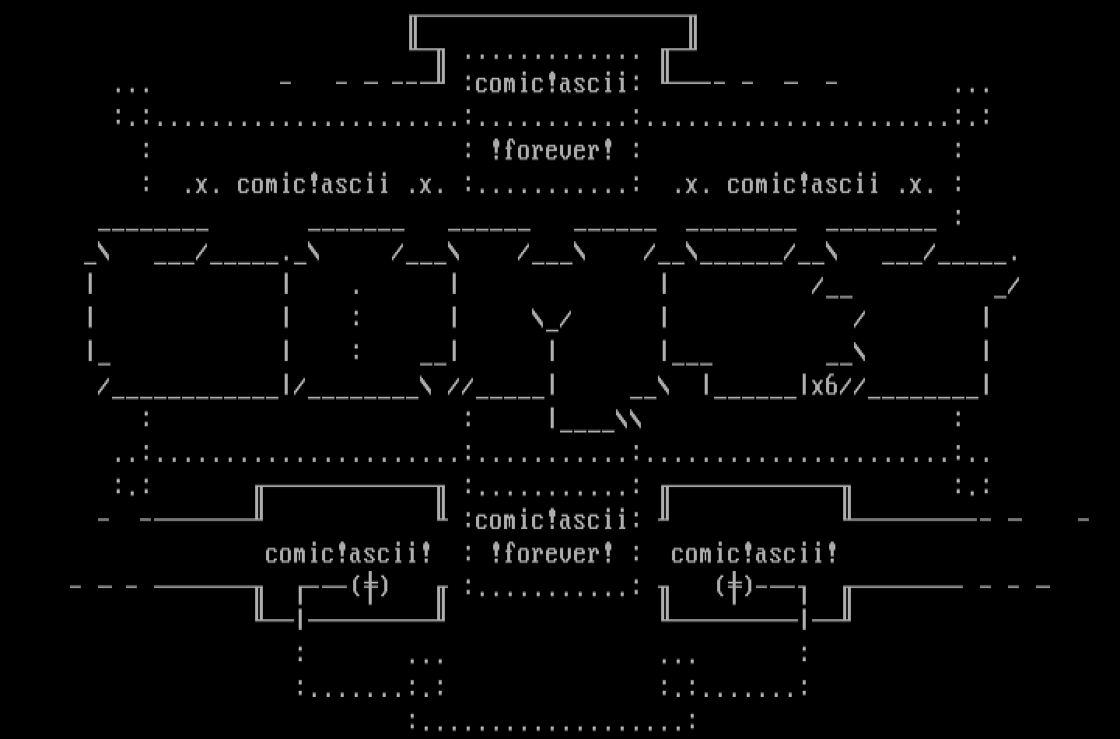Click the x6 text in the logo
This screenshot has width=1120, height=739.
(x=824, y=386)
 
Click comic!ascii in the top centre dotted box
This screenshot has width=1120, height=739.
(x=551, y=83)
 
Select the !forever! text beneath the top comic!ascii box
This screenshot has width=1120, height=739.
(x=551, y=149)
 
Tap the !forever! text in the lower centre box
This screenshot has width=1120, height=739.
(x=551, y=553)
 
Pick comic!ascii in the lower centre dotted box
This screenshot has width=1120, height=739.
(x=551, y=520)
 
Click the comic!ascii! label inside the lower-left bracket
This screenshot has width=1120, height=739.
(x=348, y=553)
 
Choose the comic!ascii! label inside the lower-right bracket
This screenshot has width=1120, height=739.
(x=754, y=553)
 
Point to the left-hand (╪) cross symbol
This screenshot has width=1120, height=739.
(x=370, y=585)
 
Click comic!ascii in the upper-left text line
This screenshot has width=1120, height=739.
(x=313, y=184)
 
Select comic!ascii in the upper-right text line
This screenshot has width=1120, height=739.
(x=803, y=184)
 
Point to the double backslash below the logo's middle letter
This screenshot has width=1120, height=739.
(x=629, y=420)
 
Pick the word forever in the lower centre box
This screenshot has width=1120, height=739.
(x=551, y=553)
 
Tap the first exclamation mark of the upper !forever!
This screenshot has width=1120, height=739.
(x=496, y=149)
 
